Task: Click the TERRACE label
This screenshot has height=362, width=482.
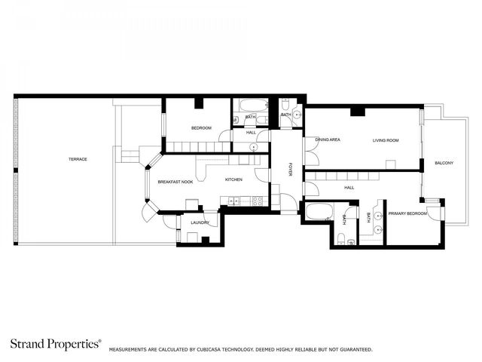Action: point(78,159)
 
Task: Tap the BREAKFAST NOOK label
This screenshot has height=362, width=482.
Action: point(175,182)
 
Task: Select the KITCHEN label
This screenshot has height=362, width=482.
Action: point(233,179)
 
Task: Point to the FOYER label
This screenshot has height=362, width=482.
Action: point(289,169)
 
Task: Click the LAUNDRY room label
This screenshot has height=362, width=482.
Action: point(200,222)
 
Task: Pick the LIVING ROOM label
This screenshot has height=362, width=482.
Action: point(386,140)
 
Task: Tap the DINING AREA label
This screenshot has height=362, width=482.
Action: point(328,140)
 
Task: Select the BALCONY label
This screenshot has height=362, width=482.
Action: point(444,163)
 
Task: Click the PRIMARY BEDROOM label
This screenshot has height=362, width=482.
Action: point(407,213)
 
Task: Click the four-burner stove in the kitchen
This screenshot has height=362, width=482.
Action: point(258,201)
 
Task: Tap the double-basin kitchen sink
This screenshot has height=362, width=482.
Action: point(234,201)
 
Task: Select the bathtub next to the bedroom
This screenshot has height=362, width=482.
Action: point(254,106)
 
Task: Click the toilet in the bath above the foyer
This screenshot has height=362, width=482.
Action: point(285,105)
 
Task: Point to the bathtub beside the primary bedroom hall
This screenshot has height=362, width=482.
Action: point(319,211)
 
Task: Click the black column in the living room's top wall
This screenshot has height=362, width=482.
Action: point(358,112)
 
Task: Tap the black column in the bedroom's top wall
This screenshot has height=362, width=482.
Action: point(199,103)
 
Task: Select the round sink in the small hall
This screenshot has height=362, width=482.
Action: point(254,148)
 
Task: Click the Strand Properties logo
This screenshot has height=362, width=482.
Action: point(56,344)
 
